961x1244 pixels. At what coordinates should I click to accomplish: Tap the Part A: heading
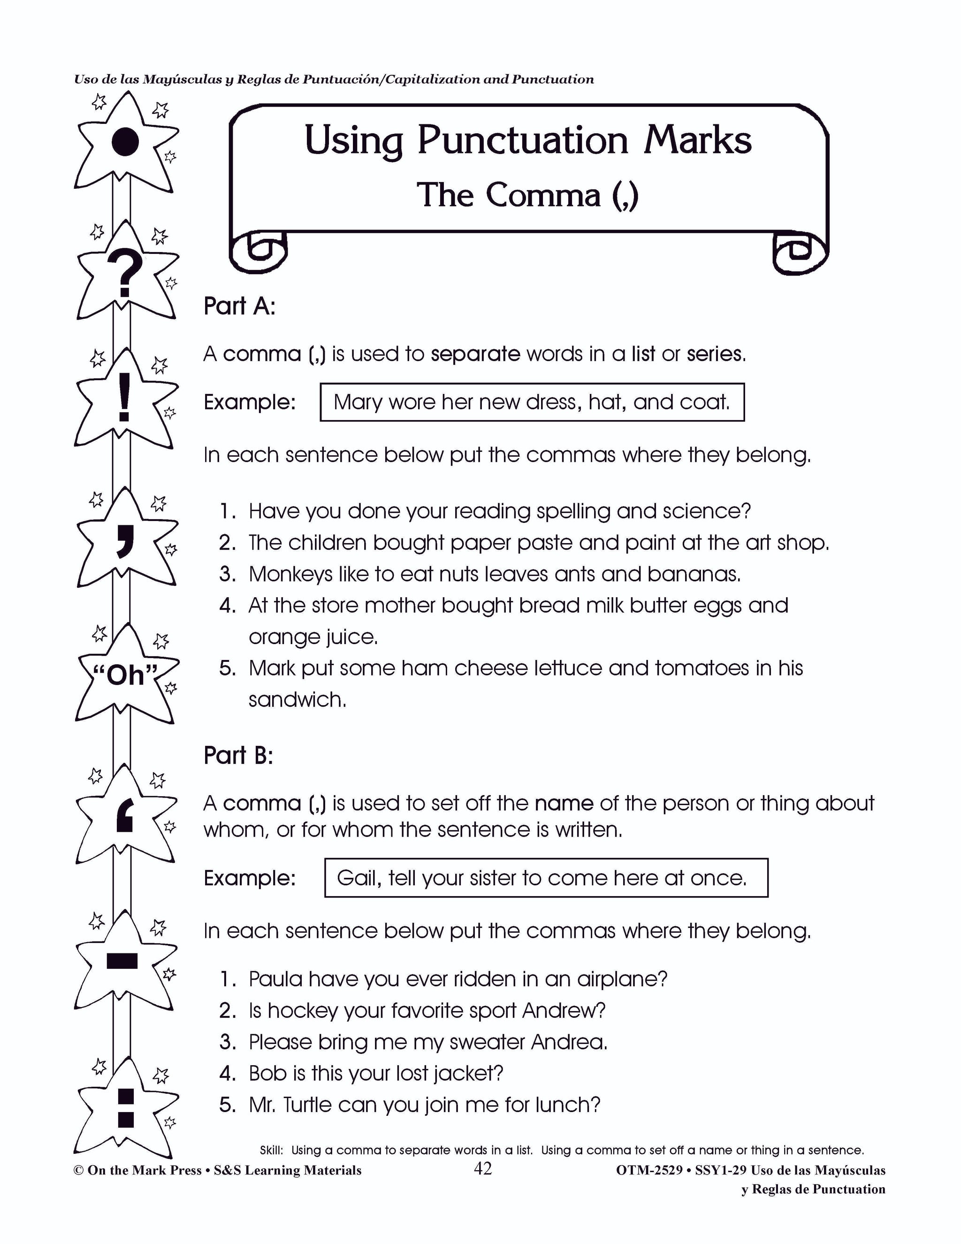(x=239, y=307)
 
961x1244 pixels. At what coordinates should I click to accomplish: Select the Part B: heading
(x=238, y=755)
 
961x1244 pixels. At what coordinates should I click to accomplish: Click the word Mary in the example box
(x=358, y=402)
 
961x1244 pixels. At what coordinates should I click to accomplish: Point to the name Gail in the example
(x=358, y=878)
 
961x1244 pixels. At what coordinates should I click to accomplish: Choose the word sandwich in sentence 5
(x=297, y=699)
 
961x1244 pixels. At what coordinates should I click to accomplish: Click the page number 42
(x=482, y=1169)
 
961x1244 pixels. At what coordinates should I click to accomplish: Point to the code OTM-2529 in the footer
(x=648, y=1170)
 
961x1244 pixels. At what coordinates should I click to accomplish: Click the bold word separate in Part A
(x=475, y=354)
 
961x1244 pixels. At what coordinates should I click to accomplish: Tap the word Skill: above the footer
(x=272, y=1150)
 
